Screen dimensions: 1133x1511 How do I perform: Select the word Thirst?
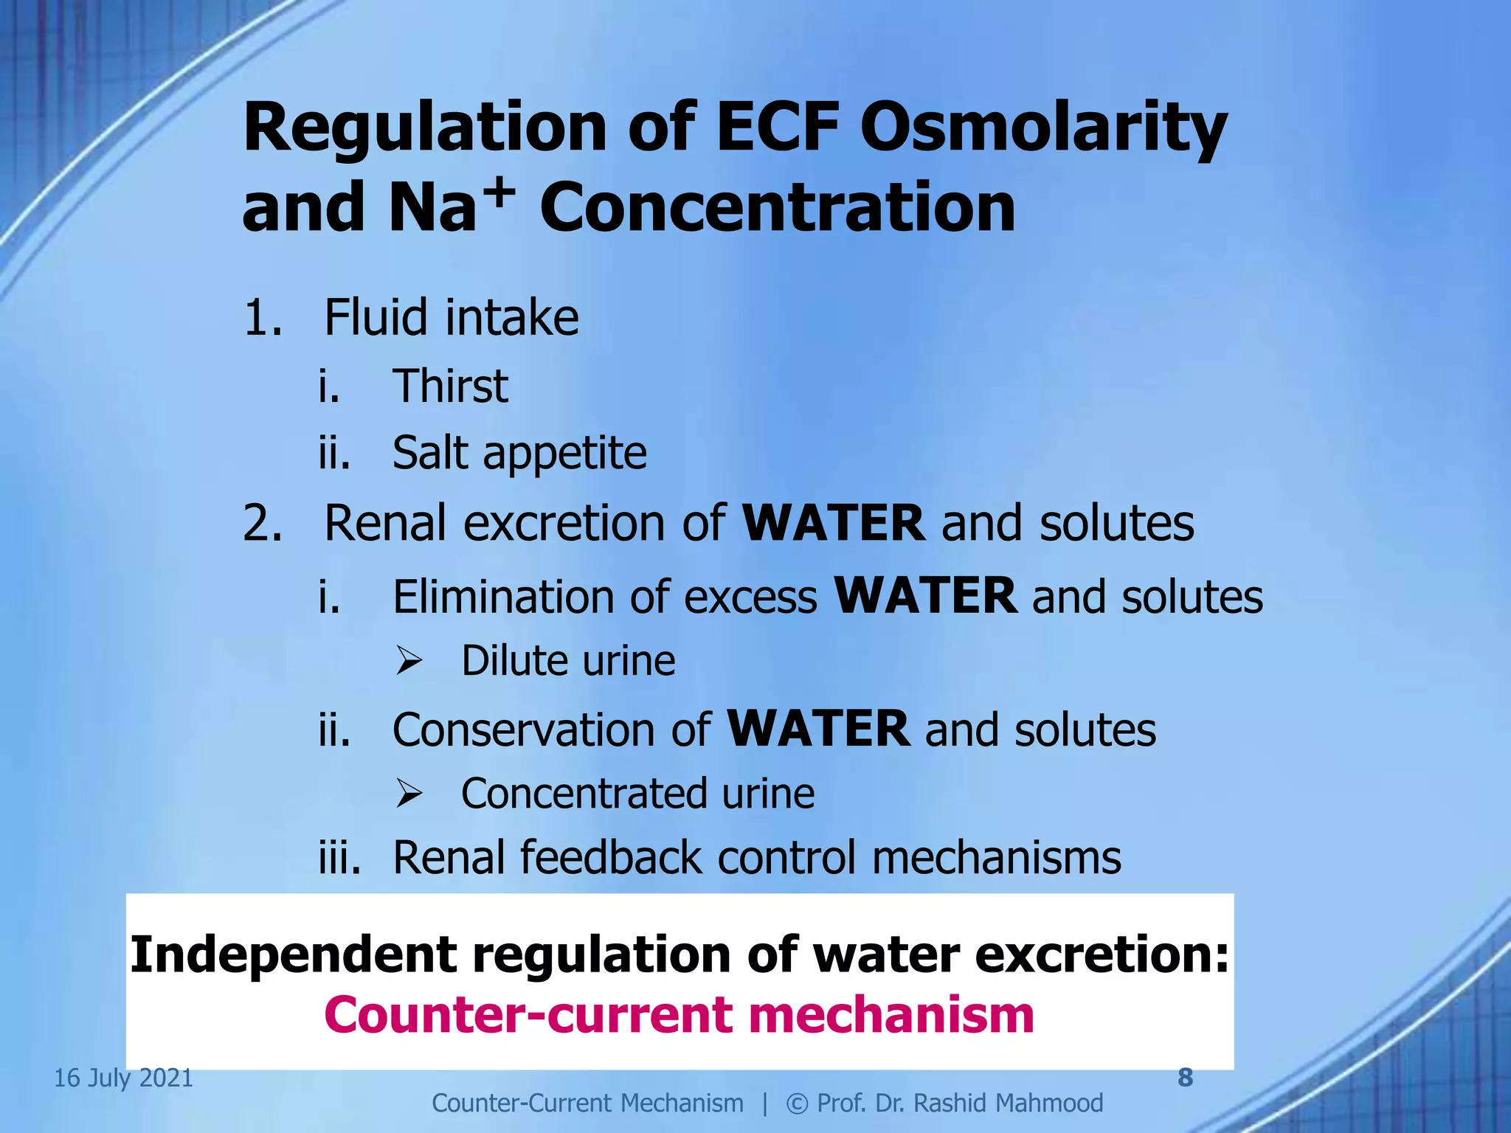click(x=450, y=386)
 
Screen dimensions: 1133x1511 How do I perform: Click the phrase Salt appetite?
click(x=519, y=453)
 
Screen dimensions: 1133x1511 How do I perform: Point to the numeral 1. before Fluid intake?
click(x=262, y=318)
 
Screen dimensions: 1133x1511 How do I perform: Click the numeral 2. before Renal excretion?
click(x=262, y=524)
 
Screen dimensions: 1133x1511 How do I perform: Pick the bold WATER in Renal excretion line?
click(x=833, y=524)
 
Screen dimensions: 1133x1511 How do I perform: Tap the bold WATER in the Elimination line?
click(x=925, y=596)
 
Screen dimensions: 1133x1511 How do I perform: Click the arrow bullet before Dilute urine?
click(x=408, y=660)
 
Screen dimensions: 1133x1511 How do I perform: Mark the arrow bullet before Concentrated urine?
click(x=408, y=794)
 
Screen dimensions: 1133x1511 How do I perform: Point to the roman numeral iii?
click(x=339, y=858)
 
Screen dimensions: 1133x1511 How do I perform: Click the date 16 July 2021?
click(x=123, y=1078)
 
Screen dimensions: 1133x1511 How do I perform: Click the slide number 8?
click(x=1185, y=1078)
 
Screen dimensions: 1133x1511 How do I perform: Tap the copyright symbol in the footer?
click(x=796, y=1103)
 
